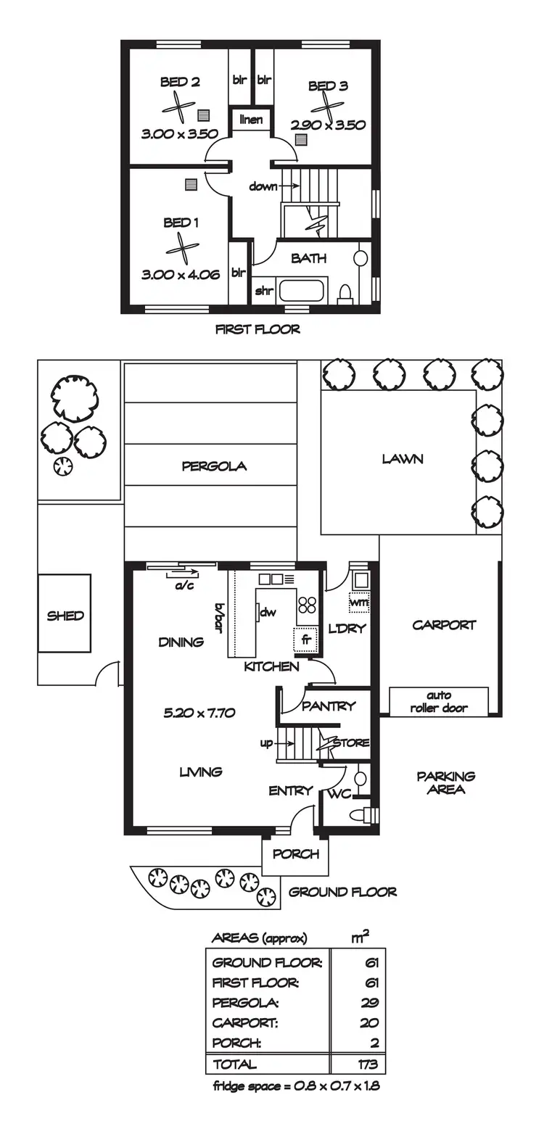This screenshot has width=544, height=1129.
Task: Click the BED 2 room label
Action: pyautogui.click(x=180, y=82)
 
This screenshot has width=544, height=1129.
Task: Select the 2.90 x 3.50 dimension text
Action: pyautogui.click(x=328, y=125)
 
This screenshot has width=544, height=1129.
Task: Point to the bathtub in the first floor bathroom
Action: pyautogui.click(x=303, y=291)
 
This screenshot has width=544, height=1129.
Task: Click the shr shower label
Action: pyautogui.click(x=263, y=291)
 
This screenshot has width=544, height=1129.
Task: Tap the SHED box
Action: pyautogui.click(x=65, y=616)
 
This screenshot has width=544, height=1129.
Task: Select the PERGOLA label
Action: pyautogui.click(x=214, y=466)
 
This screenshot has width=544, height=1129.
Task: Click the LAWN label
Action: pyautogui.click(x=403, y=459)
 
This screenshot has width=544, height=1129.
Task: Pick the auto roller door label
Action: pyautogui.click(x=439, y=702)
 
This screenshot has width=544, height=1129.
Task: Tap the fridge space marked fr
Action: pyautogui.click(x=306, y=640)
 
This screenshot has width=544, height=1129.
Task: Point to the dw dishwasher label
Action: pyautogui.click(x=268, y=612)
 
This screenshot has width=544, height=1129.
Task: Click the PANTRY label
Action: pyautogui.click(x=329, y=706)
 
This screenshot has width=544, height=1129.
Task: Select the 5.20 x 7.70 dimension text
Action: pyautogui.click(x=199, y=713)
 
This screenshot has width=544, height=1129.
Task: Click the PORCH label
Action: pyautogui.click(x=295, y=854)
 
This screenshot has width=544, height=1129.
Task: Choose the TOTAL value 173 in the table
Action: pyautogui.click(x=367, y=1064)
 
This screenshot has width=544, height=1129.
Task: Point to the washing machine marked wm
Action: pyautogui.click(x=359, y=602)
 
